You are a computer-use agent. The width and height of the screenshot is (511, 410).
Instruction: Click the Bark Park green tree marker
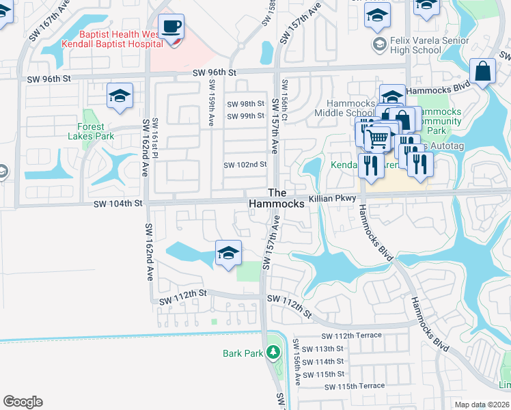coord(273,353)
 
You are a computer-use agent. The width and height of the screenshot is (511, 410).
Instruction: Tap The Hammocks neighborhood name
coord(277,198)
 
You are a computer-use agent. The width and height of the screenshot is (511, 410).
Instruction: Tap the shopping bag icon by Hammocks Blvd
coord(483,72)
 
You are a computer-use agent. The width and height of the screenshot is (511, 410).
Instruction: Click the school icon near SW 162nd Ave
coord(120,96)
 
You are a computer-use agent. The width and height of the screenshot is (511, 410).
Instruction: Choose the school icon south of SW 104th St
coord(228,254)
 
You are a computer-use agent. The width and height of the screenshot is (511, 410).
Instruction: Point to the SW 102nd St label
coord(245,165)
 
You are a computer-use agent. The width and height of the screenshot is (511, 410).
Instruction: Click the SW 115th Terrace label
coord(354,386)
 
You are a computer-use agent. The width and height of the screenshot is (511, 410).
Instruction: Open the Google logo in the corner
coord(23,402)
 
